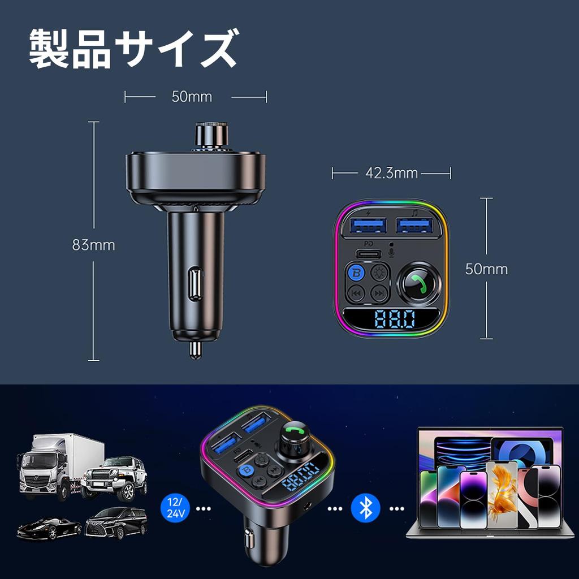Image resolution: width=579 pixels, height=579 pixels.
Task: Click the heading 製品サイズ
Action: [x=133, y=50]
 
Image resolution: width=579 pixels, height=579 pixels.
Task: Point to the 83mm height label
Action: [x=93, y=245]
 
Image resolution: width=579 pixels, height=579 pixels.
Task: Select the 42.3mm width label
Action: [x=391, y=173]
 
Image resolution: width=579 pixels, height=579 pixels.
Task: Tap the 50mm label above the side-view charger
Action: [x=192, y=97]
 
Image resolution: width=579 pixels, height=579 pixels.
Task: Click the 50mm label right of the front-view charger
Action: [x=486, y=269]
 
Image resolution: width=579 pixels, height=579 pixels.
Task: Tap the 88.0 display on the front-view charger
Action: [x=394, y=319]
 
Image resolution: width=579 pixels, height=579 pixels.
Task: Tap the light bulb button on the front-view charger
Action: [x=379, y=273]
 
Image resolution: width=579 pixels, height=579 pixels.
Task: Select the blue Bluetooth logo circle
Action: [x=365, y=508]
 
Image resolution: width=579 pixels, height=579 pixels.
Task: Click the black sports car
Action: [x=49, y=528]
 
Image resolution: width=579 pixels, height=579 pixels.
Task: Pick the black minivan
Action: [x=116, y=522]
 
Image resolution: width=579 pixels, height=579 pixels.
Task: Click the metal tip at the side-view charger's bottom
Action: [x=195, y=350]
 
